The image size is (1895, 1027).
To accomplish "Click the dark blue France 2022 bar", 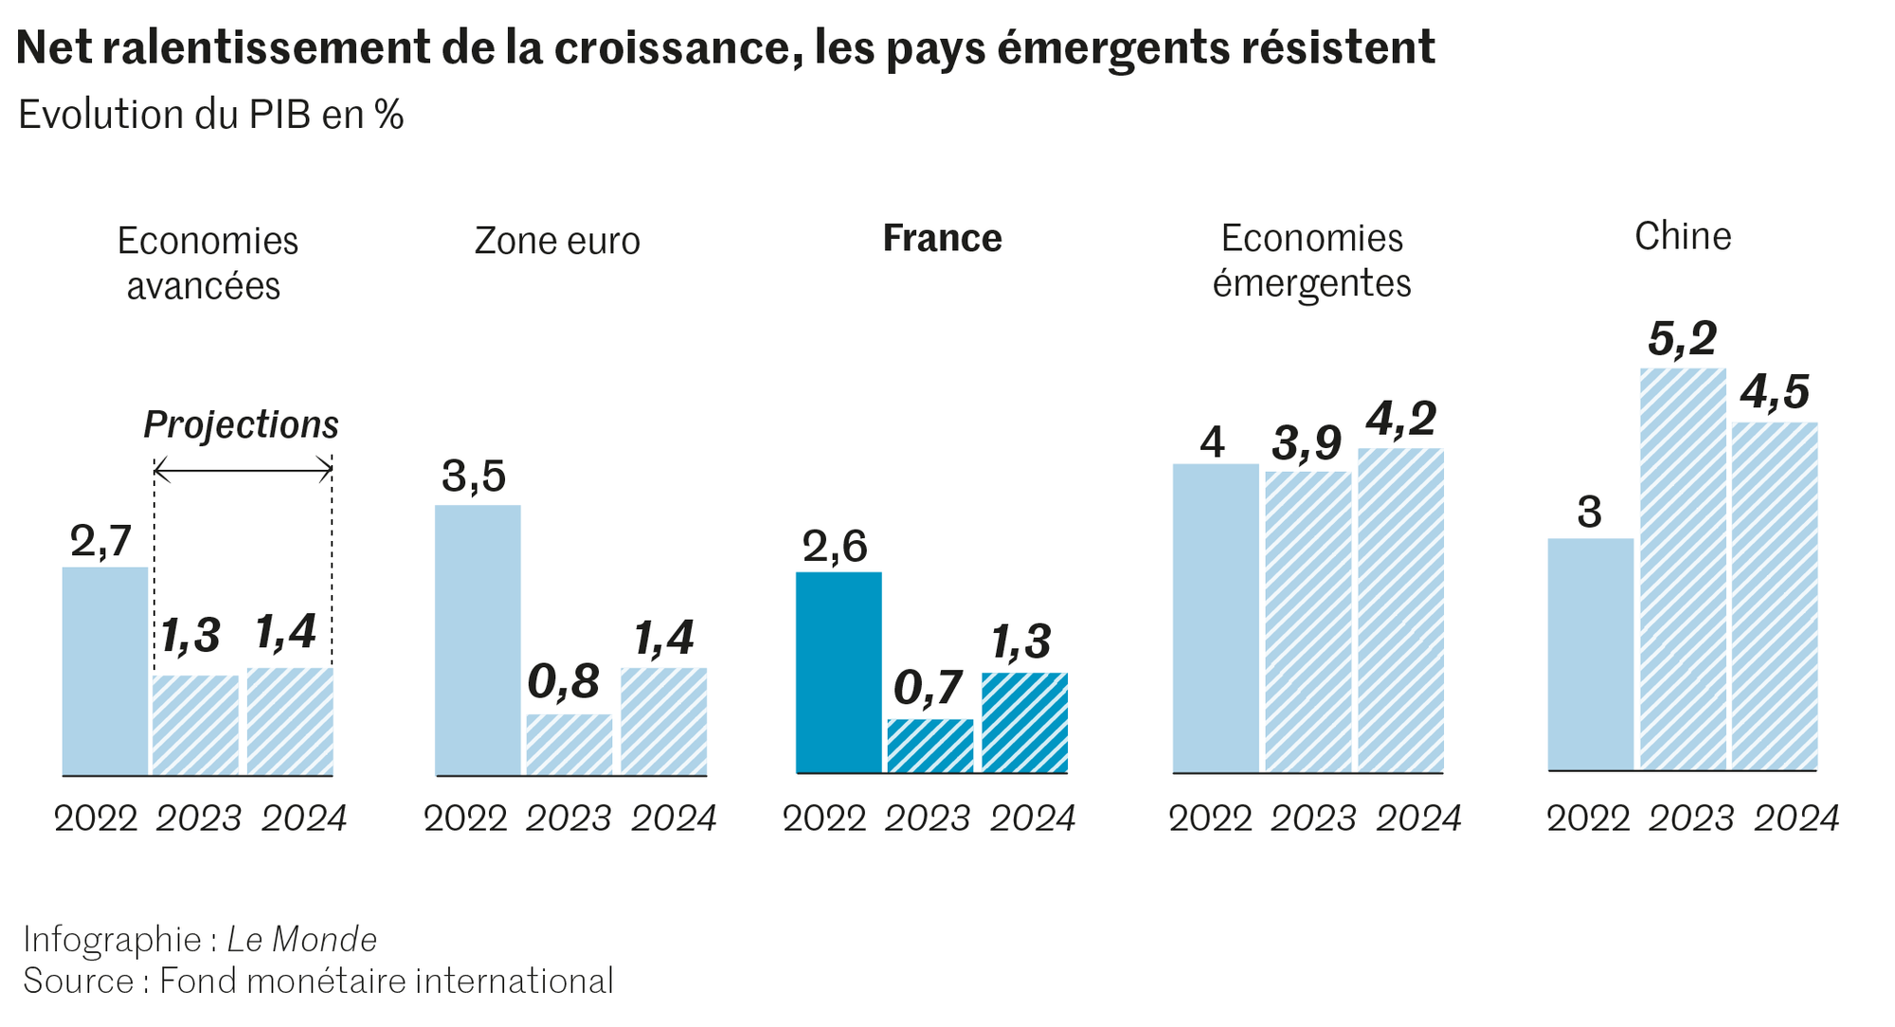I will tap(839, 673).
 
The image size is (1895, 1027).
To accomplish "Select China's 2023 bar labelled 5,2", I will tap(1683, 568).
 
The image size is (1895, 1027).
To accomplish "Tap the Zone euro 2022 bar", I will tap(478, 640).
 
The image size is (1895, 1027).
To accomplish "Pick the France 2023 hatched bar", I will tap(929, 747).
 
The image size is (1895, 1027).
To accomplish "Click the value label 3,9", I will tap(1307, 442).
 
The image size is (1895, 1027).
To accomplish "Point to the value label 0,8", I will tap(564, 681).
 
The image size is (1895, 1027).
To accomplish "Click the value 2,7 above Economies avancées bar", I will tap(100, 541).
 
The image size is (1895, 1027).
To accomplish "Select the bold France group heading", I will tap(942, 238).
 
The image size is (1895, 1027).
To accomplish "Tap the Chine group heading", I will tap(1683, 236).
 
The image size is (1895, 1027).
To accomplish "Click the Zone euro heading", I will tap(557, 241).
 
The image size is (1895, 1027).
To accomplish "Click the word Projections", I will tap(241, 424).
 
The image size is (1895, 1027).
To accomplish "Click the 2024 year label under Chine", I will tap(1796, 818).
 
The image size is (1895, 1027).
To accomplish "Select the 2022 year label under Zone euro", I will tap(465, 818).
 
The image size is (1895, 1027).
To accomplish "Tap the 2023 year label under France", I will tap(928, 818).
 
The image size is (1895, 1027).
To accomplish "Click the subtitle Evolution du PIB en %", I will tap(210, 115).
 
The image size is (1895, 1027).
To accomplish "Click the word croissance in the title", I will tap(672, 47).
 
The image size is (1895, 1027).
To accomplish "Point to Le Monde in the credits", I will tap(302, 939).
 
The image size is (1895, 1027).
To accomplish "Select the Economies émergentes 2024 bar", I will tap(1400, 611).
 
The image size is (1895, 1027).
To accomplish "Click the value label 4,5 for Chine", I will tap(1775, 392).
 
